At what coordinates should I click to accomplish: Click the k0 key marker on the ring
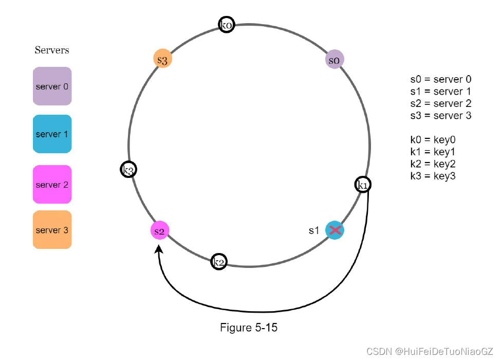click(x=226, y=25)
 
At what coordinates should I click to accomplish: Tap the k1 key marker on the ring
click(x=363, y=185)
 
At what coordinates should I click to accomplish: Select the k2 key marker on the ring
click(x=219, y=262)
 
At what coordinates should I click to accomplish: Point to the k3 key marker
click(x=128, y=170)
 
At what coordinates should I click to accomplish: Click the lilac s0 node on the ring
click(x=335, y=60)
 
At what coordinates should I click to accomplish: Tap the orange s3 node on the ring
click(x=162, y=59)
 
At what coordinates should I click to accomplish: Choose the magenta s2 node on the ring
click(x=160, y=230)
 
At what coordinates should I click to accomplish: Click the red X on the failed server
click(x=335, y=230)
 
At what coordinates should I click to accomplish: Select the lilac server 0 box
click(x=52, y=86)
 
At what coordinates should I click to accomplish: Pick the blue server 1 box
click(x=52, y=134)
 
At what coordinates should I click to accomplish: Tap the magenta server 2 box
click(x=52, y=184)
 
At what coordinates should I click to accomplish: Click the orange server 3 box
click(x=52, y=230)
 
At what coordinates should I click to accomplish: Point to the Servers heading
click(x=52, y=50)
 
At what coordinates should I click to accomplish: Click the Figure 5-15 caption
click(x=249, y=328)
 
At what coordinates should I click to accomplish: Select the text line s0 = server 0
click(x=440, y=80)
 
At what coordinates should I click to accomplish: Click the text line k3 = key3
click(x=433, y=176)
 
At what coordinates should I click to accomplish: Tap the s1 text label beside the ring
click(x=314, y=230)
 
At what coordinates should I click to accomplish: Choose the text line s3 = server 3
click(x=440, y=116)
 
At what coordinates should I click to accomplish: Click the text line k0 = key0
click(x=433, y=139)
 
